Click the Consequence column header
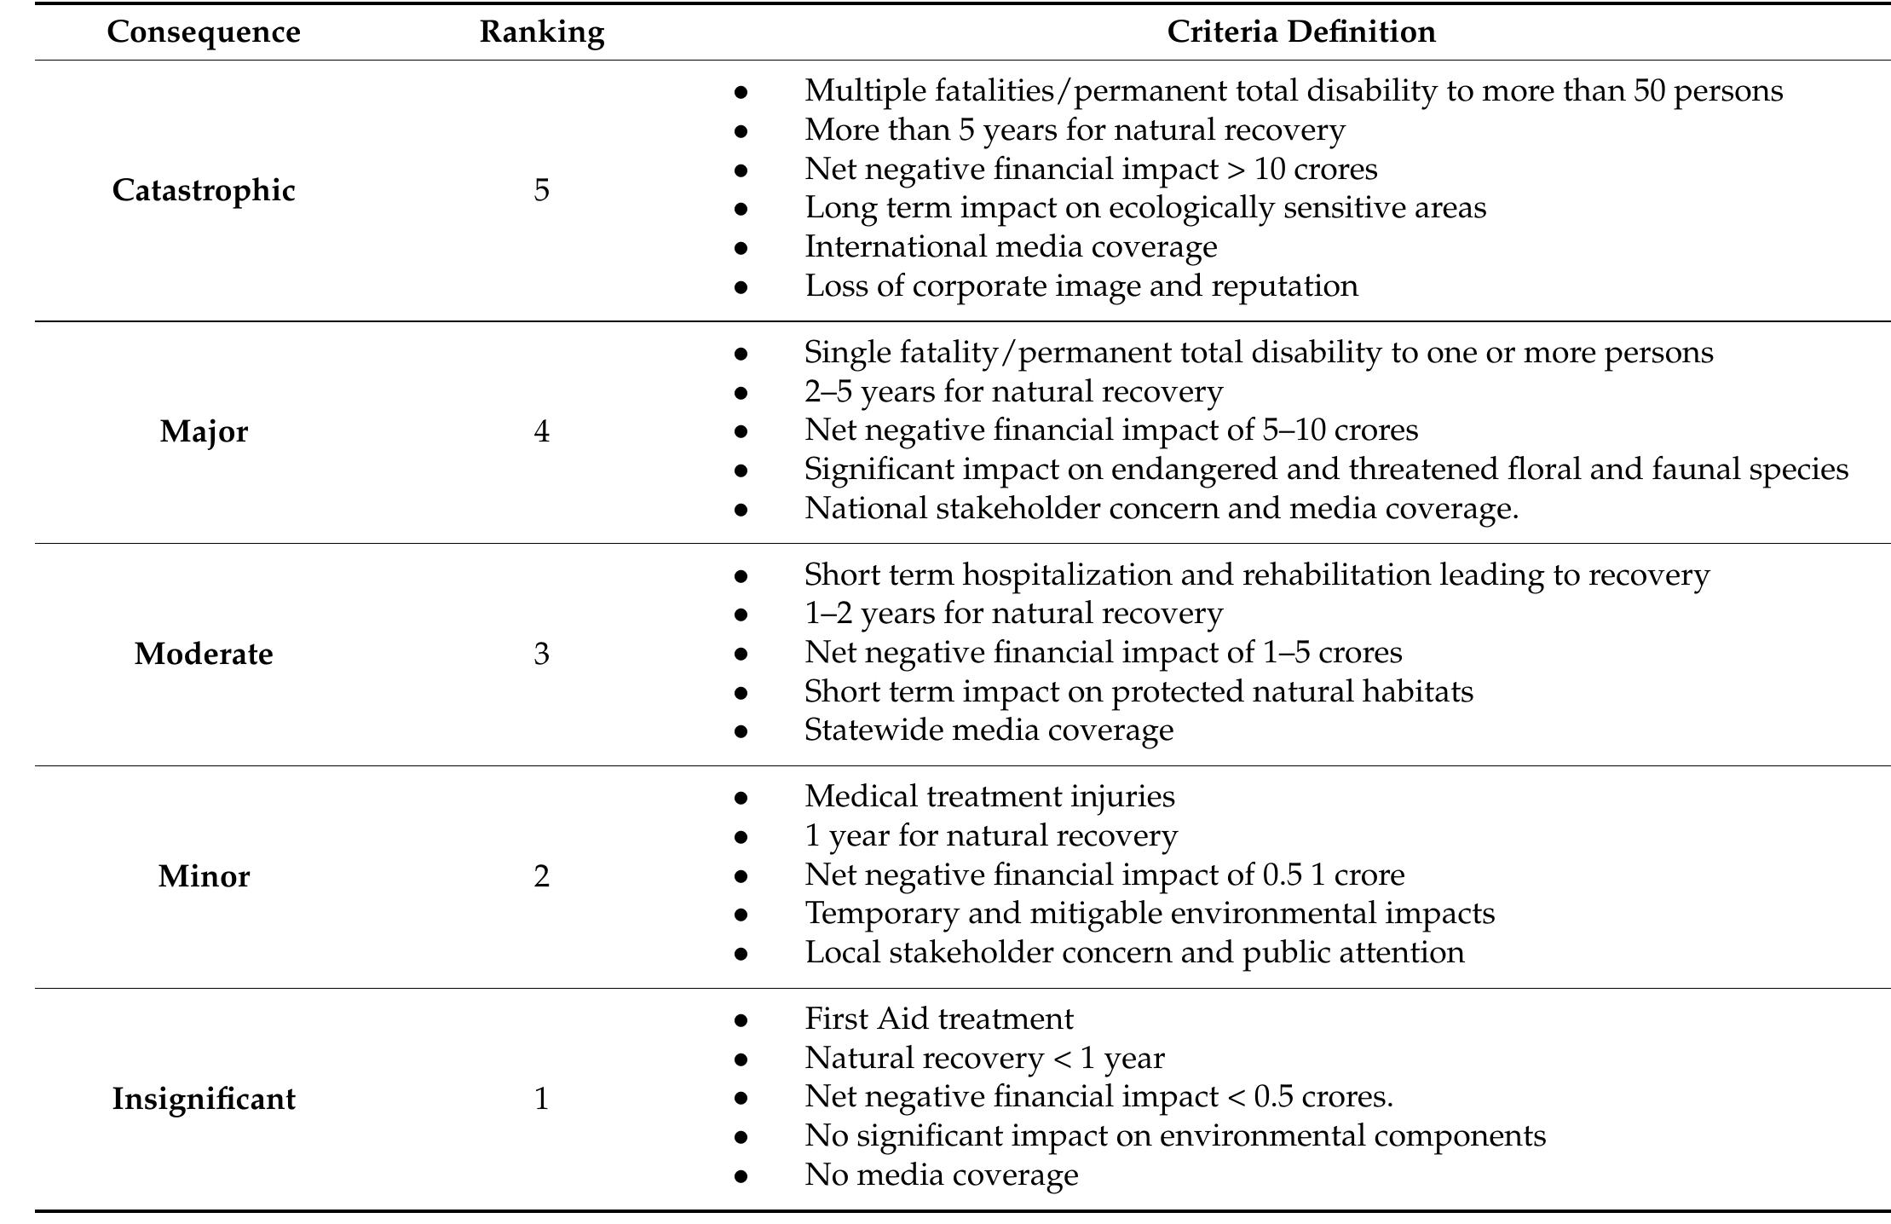(204, 32)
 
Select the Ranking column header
(541, 32)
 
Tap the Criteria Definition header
(1300, 32)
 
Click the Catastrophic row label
(204, 190)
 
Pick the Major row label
(204, 431)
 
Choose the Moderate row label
(204, 654)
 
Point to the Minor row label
(204, 876)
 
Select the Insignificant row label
(204, 1099)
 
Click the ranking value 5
(541, 190)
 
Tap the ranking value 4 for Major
(541, 431)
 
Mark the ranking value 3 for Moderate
(541, 654)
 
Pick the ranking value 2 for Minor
(541, 876)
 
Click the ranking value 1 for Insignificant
(541, 1099)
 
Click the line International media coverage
(1011, 247)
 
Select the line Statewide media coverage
(989, 730)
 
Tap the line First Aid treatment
(938, 1019)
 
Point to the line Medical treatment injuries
(989, 797)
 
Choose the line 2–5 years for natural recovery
(1013, 392)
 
